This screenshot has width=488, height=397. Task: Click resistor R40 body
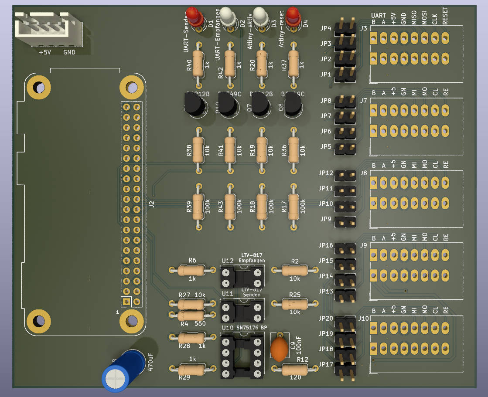[198, 63]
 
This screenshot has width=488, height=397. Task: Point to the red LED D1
[194, 17]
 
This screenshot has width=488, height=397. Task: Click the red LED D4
[293, 15]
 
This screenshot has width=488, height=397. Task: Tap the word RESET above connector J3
[445, 18]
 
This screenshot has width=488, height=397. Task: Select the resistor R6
[192, 270]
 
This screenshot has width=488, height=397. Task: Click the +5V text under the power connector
[45, 53]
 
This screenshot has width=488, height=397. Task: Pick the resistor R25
[295, 304]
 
